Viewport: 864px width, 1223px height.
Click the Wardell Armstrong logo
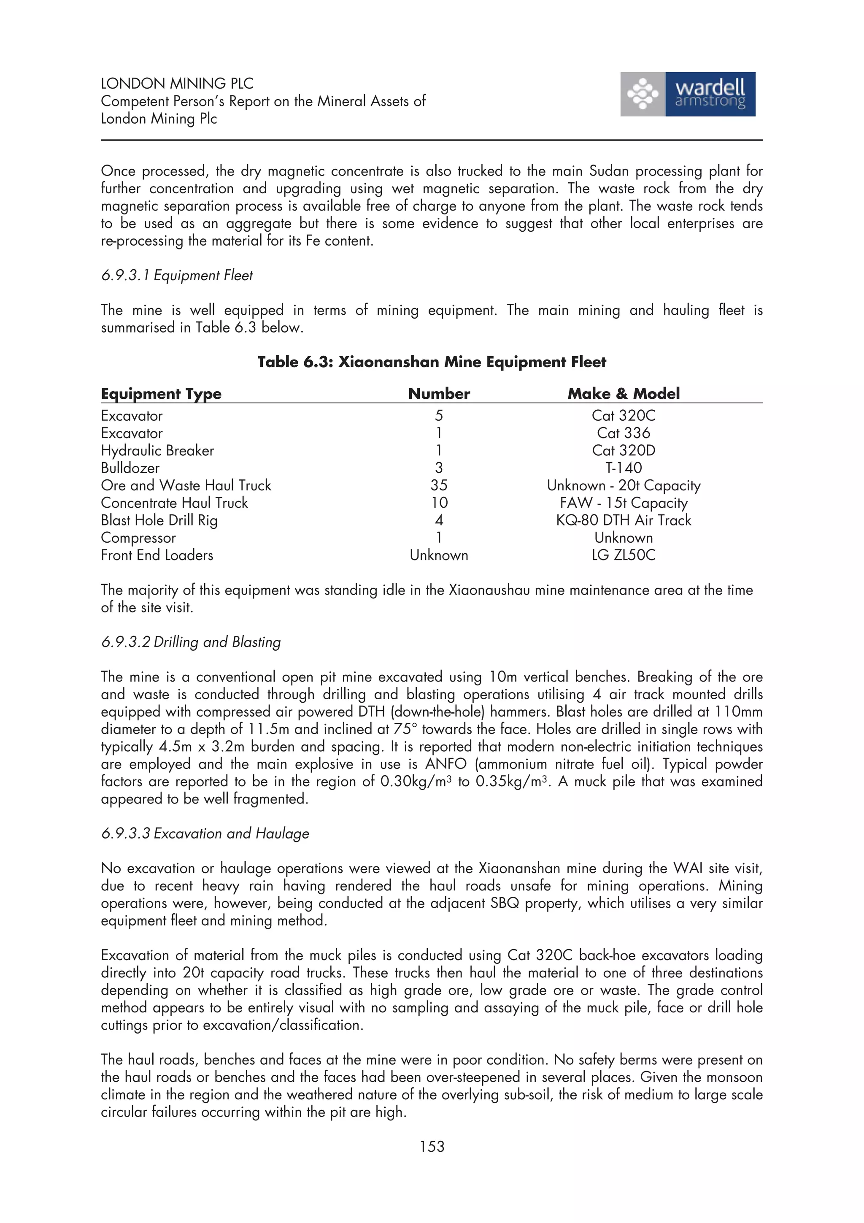[x=687, y=94]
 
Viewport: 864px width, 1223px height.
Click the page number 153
[x=431, y=1146]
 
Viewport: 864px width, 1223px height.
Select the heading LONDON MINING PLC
[x=177, y=83]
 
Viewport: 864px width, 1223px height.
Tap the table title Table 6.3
[x=431, y=362]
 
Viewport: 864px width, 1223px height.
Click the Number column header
[x=439, y=394]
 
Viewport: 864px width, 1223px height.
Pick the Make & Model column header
[x=624, y=394]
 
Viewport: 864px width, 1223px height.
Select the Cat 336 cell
[x=624, y=433]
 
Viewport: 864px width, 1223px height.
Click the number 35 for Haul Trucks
[x=439, y=485]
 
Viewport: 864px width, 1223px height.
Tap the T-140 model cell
[x=624, y=468]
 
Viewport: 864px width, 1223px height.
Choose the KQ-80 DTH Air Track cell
[x=624, y=520]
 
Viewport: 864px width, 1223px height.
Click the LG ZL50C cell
[x=624, y=555]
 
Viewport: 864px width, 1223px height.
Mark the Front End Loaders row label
[x=157, y=555]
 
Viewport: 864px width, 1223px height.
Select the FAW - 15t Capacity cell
[x=624, y=503]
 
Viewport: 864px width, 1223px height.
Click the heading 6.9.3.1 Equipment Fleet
[x=177, y=276]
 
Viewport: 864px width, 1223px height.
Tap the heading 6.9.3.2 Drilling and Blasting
[x=191, y=642]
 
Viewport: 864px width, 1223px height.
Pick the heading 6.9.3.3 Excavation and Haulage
[x=205, y=833]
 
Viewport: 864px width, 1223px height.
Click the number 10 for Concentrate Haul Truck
[x=439, y=503]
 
